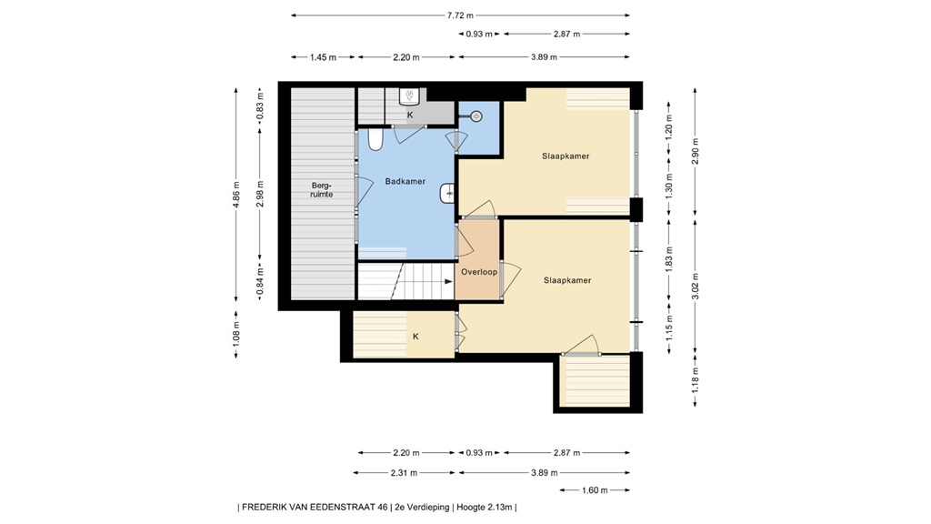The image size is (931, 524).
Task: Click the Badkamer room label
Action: [405, 181]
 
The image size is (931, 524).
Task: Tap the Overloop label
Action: [479, 272]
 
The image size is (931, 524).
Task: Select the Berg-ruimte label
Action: [321, 189]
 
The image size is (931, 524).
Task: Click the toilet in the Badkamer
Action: [375, 139]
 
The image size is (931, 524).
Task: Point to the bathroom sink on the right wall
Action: [447, 193]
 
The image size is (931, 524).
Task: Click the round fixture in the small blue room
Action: [476, 116]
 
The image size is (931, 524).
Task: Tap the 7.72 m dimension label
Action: [460, 15]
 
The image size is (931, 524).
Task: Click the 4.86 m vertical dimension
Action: [236, 195]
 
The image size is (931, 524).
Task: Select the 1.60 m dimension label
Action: [595, 490]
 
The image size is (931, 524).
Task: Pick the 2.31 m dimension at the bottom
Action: [404, 473]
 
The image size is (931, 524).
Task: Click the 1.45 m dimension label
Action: [323, 57]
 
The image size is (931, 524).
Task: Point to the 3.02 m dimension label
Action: [696, 286]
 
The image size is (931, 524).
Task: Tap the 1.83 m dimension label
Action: [669, 259]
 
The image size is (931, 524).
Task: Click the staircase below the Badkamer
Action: [406, 281]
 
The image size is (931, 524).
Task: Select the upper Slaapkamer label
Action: [566, 156]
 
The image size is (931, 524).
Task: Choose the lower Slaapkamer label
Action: [567, 280]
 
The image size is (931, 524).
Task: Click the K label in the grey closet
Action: [410, 116]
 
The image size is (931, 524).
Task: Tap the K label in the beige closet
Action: [415, 337]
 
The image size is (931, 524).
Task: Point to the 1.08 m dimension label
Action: [236, 335]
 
